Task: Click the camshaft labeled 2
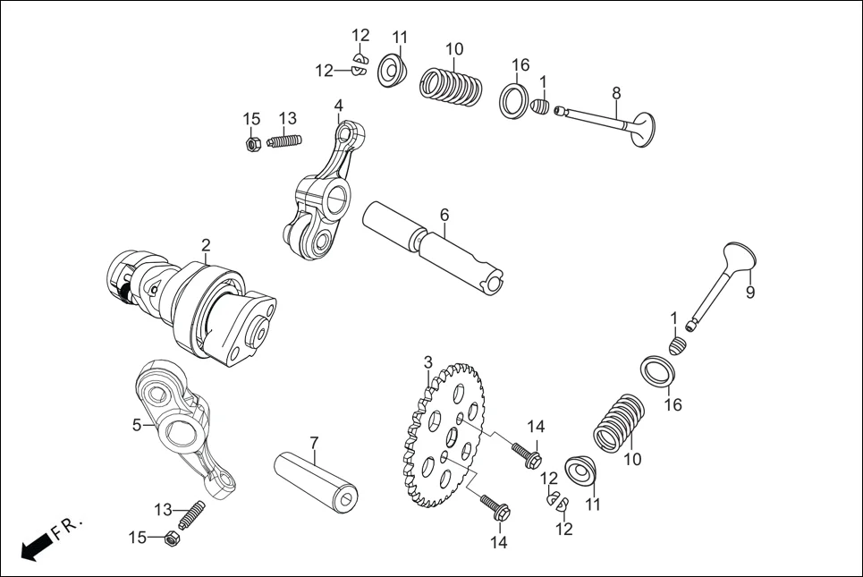point(201,304)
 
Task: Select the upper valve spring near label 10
point(453,88)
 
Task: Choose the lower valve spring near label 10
point(619,420)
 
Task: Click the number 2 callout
point(206,244)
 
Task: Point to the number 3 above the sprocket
point(428,362)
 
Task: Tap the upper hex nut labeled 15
point(253,142)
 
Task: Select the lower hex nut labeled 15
point(171,539)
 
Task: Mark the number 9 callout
point(750,292)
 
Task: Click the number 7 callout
point(314,443)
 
